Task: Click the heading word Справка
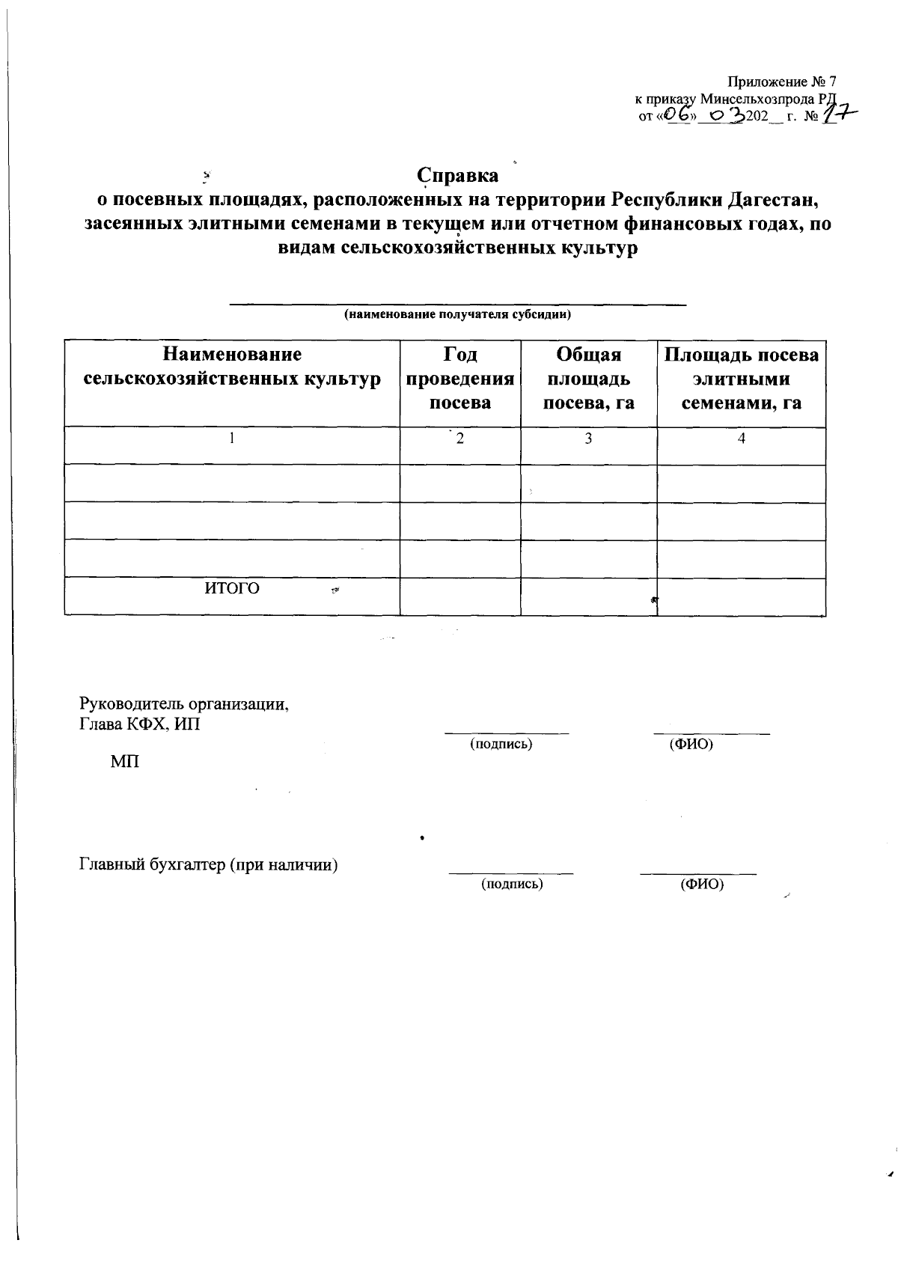457,176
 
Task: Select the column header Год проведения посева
460,379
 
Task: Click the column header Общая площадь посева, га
588,379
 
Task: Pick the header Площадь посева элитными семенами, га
741,379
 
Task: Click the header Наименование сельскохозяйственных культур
232,367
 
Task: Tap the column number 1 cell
232,439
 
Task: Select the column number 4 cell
741,439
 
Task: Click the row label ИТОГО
232,589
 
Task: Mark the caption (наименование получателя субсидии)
457,315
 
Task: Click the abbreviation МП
124,763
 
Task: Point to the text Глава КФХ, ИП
140,724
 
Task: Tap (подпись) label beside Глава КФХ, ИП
501,745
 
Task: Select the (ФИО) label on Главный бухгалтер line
701,885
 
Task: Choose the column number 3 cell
588,439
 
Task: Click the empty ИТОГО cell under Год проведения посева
460,596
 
